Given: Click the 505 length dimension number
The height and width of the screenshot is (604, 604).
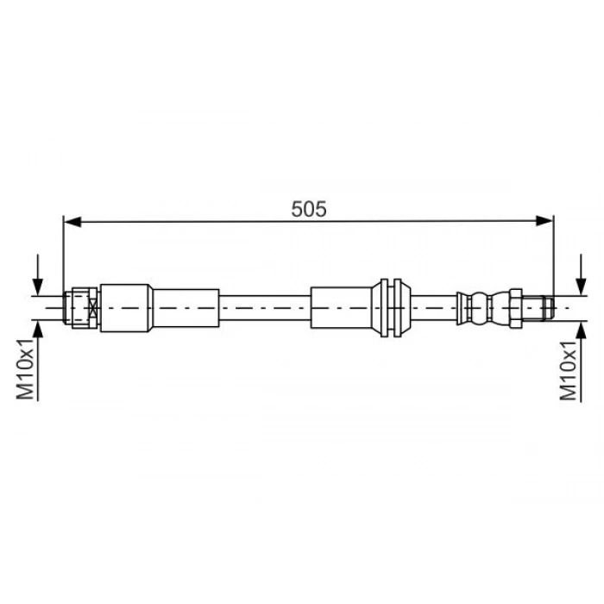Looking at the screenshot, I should click(x=308, y=208).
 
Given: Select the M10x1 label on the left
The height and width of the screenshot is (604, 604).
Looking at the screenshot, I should click(x=25, y=369).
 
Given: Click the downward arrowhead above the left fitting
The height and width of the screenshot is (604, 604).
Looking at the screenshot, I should click(x=37, y=285).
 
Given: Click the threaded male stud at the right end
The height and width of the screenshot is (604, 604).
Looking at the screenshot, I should click(x=536, y=306).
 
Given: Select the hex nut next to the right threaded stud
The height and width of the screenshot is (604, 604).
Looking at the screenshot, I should click(x=513, y=306).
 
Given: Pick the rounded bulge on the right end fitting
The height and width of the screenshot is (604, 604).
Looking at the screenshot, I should click(x=478, y=306).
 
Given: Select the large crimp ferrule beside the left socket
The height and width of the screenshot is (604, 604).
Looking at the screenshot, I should click(x=126, y=306).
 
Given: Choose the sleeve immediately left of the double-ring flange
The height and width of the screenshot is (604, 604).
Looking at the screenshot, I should click(x=341, y=306).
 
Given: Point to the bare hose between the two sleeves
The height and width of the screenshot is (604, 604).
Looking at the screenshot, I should click(x=264, y=306).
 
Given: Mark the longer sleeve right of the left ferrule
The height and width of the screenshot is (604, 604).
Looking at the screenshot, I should click(x=185, y=306).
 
